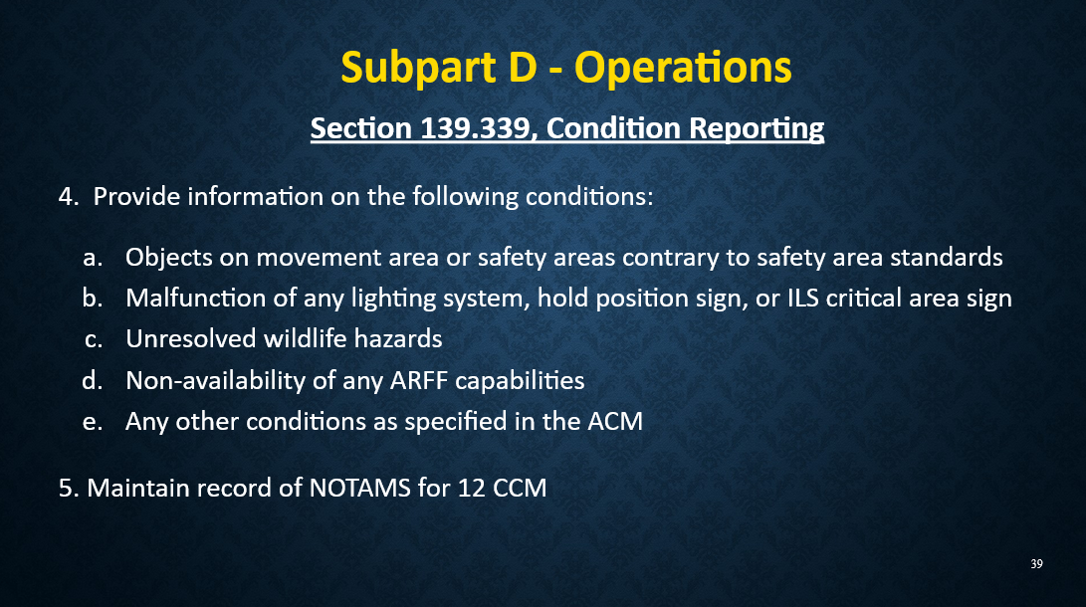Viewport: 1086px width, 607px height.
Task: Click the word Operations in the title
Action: (684, 69)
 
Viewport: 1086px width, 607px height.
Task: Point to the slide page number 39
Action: (1036, 565)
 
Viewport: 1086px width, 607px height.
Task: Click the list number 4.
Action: (68, 196)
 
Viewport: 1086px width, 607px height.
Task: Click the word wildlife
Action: (309, 339)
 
